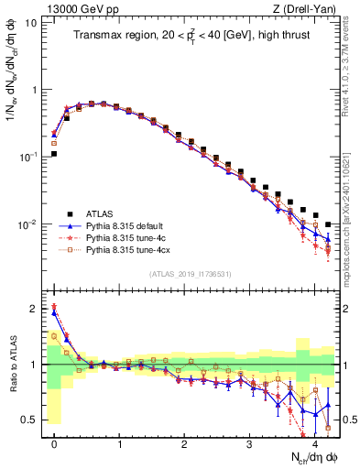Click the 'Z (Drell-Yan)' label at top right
click(308, 9)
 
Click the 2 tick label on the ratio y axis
click(34, 309)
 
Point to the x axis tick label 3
click(250, 443)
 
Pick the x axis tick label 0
click(54, 443)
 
